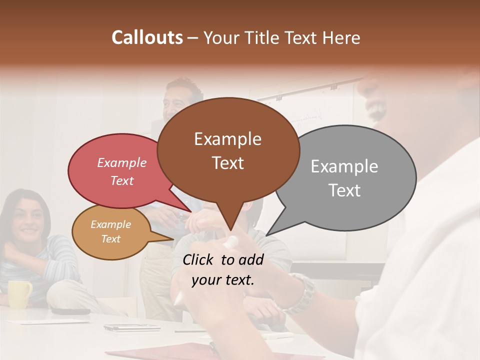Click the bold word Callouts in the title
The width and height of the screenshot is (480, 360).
pos(147,37)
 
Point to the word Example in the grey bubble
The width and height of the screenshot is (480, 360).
pos(344,166)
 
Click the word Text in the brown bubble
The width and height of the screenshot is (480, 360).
pos(228,163)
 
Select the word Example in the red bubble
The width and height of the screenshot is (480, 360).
pos(122,162)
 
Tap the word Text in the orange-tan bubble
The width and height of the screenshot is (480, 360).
pos(111,239)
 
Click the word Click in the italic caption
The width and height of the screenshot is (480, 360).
pos(198,259)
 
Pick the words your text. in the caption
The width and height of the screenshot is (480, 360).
pos(223,280)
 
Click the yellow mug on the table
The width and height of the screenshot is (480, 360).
pos(19,294)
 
